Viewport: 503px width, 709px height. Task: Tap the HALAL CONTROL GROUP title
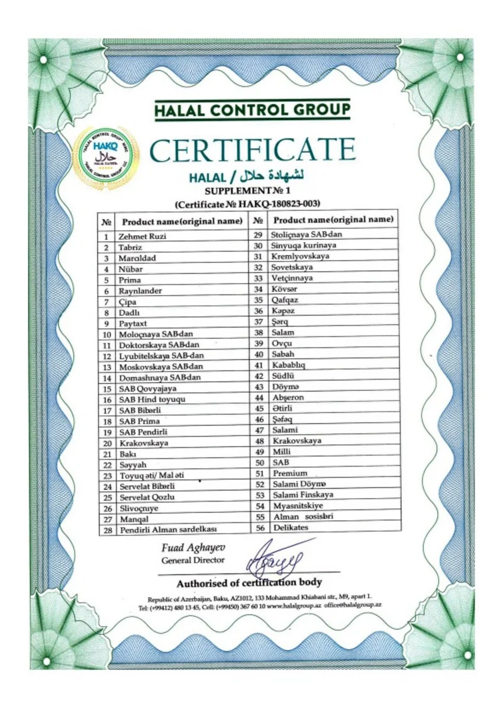pyautogui.click(x=252, y=110)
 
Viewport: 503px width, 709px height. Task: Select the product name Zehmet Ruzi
pyautogui.click(x=142, y=236)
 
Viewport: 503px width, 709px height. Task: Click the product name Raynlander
pyautogui.click(x=140, y=291)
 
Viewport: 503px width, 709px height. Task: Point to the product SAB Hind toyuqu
pyautogui.click(x=152, y=399)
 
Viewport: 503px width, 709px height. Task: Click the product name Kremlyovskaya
pyautogui.click(x=300, y=256)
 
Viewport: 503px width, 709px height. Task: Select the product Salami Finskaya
pyautogui.click(x=303, y=495)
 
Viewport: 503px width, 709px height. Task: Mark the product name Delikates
pyautogui.click(x=290, y=527)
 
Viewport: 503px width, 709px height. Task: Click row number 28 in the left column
pyautogui.click(x=107, y=530)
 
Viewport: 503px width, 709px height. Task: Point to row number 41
pyautogui.click(x=258, y=365)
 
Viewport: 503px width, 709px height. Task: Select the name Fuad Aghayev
pyautogui.click(x=192, y=547)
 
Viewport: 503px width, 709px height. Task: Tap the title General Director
pyautogui.click(x=192, y=560)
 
